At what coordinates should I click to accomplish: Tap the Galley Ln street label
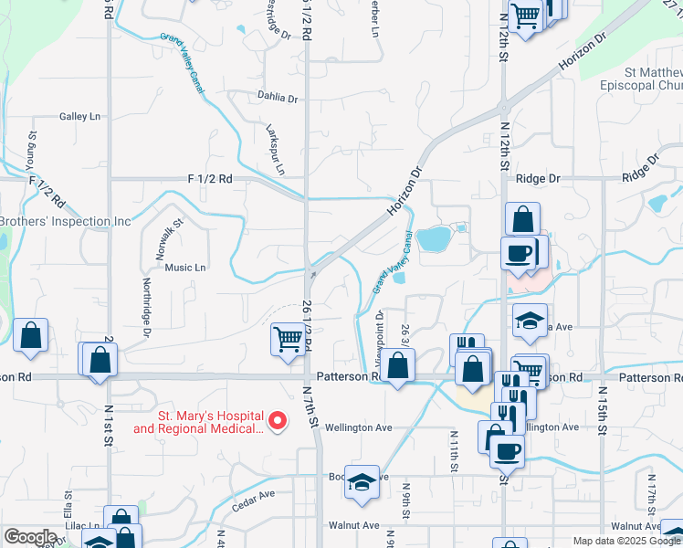79,117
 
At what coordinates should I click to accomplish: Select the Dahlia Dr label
278,98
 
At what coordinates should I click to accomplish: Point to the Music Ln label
185,268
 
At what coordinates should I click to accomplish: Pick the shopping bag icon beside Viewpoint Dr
398,366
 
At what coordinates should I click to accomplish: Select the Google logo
30,537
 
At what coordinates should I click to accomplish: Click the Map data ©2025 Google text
625,541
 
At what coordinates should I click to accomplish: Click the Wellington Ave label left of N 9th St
359,427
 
